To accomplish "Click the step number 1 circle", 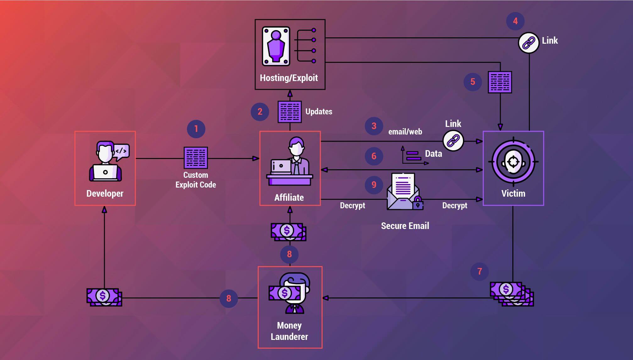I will click(196, 129).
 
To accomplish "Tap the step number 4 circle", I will click(515, 21).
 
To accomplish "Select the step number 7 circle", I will click(479, 271).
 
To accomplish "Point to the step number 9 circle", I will click(374, 185).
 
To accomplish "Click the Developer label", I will click(105, 194).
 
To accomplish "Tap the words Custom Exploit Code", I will click(195, 180).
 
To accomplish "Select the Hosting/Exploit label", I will click(289, 78).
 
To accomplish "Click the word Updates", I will click(319, 112).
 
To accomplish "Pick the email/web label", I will click(405, 132).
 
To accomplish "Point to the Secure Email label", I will click(405, 226).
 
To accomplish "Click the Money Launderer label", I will click(289, 331).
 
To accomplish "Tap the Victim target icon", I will click(513, 162).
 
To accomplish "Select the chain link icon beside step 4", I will click(529, 43).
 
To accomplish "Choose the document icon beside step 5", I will click(500, 82).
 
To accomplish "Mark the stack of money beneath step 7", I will click(511, 293).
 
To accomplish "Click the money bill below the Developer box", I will click(104, 297).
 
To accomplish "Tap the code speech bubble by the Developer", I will click(122, 151).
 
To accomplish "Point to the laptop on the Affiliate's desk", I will click(281, 166).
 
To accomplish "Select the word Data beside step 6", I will click(433, 154).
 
